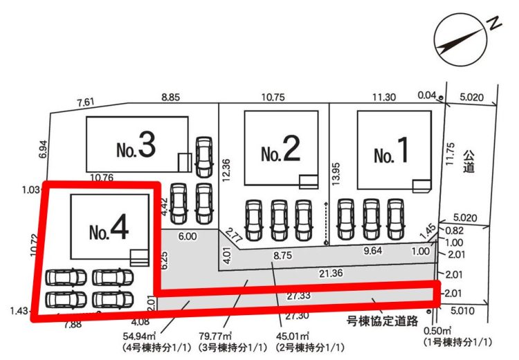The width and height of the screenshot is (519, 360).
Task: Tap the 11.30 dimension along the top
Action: pyautogui.click(x=384, y=98)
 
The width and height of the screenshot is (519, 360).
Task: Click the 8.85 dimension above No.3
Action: pyautogui.click(x=170, y=98)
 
